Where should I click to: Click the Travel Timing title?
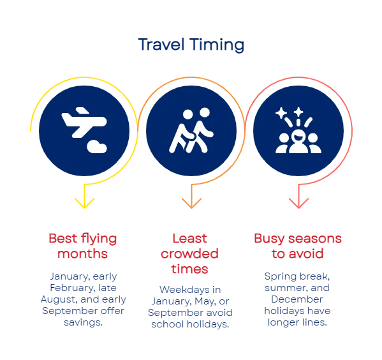click(x=191, y=45)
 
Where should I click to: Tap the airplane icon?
click(x=84, y=122)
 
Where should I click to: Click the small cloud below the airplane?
click(x=97, y=147)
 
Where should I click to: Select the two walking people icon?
click(x=191, y=130)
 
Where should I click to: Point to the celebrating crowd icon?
click(x=298, y=130)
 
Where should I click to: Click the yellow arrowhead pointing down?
click(x=84, y=203)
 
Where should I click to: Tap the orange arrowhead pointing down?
click(x=191, y=203)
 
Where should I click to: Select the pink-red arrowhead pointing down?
click(x=298, y=203)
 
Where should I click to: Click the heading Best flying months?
click(x=83, y=246)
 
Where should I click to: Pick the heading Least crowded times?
click(x=189, y=253)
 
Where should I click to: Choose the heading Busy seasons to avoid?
click(x=298, y=246)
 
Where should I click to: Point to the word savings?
click(x=83, y=322)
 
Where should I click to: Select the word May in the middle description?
click(x=205, y=301)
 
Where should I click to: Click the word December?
click(x=297, y=299)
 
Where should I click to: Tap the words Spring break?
click(x=297, y=276)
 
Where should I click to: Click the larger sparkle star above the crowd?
click(x=281, y=113)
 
